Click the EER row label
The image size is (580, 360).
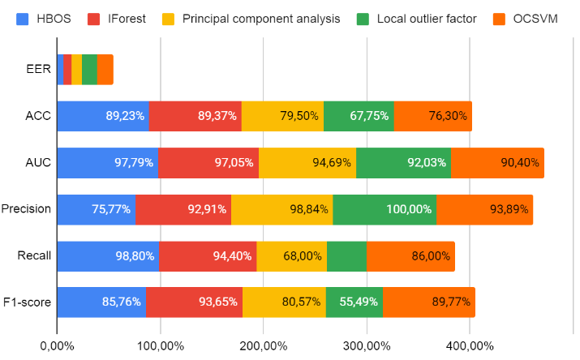point(38,70)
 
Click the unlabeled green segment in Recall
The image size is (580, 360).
point(346,255)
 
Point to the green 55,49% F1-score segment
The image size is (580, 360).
point(354,302)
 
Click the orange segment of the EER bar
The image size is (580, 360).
point(105,70)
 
